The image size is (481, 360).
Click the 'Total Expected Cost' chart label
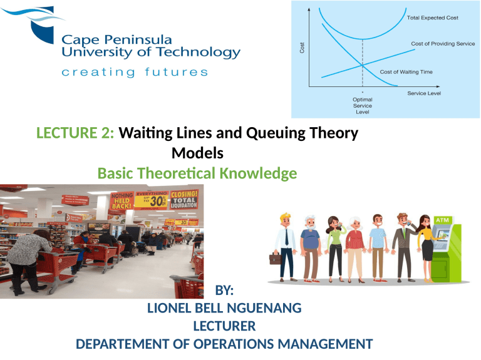[433, 18]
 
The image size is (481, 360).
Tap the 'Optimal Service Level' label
[361, 105]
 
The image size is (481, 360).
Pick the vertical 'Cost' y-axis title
[303, 48]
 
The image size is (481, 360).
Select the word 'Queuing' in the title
[274, 133]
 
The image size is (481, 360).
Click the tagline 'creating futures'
[135, 73]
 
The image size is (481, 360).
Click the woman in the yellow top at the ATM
[427, 244]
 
